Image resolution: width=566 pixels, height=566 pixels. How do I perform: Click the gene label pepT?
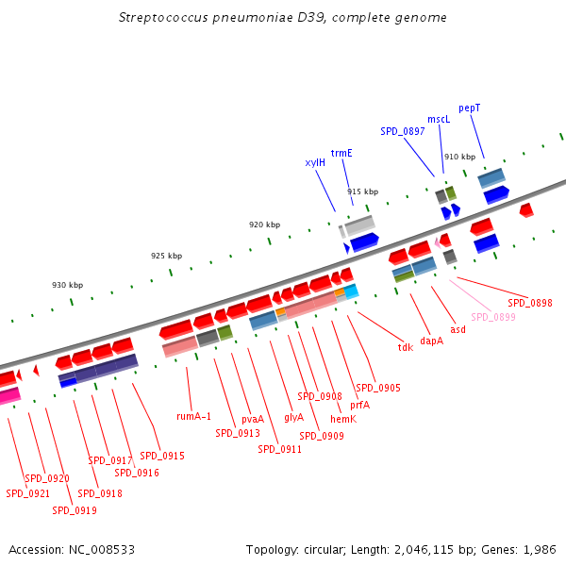[x=469, y=108]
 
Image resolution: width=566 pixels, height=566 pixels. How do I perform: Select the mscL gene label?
[x=439, y=119]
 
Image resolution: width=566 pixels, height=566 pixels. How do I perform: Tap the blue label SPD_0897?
[x=403, y=131]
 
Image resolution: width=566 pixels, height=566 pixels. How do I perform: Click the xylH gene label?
[x=315, y=162]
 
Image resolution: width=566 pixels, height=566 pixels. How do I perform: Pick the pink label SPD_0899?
[x=492, y=317]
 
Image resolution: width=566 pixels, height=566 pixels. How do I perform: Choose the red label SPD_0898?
[x=529, y=303]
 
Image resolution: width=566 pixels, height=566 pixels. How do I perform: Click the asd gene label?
[x=458, y=329]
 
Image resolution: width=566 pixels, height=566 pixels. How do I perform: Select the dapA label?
[x=431, y=341]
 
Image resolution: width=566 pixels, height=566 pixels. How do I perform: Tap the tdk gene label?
[x=406, y=347]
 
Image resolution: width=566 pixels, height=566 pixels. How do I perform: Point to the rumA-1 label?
[x=194, y=415]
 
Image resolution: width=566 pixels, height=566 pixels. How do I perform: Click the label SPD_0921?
[x=28, y=493]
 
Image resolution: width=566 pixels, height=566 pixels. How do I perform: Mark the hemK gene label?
[x=343, y=419]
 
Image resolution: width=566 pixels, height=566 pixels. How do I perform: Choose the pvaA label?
[x=253, y=419]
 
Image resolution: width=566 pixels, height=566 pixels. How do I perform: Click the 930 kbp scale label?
[x=67, y=285]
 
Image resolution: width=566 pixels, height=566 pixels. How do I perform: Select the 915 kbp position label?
[x=362, y=191]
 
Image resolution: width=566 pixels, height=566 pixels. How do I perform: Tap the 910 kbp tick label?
[x=459, y=157]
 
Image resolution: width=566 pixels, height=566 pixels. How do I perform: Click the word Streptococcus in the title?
[x=157, y=17]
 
